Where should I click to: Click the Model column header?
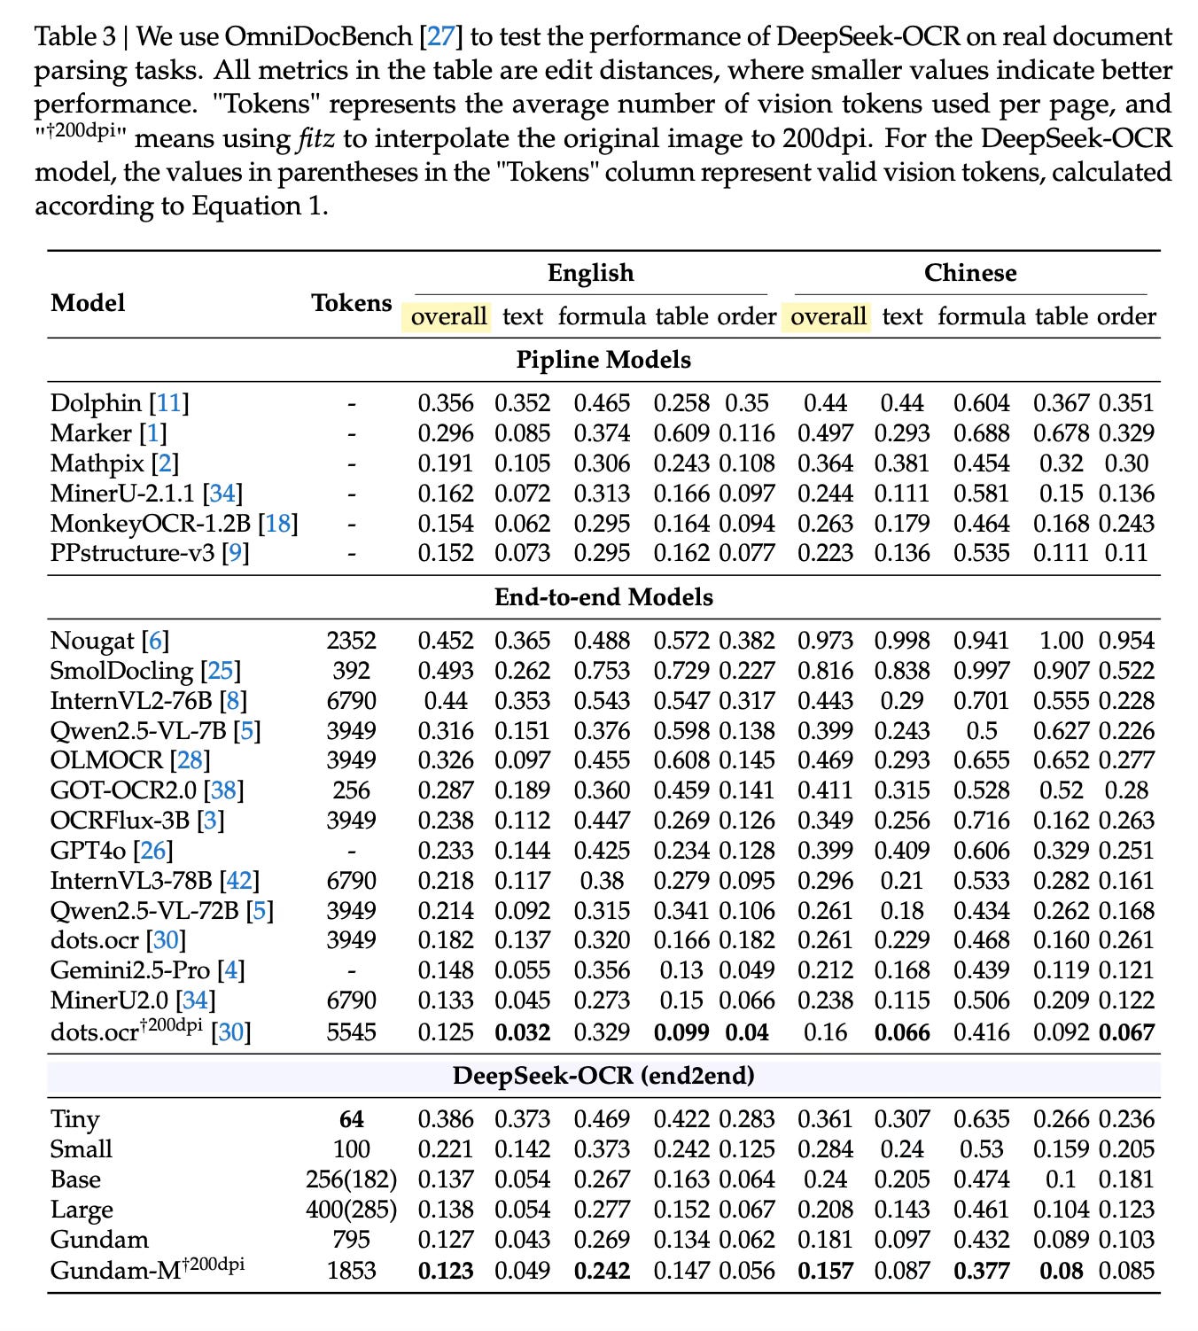pyautogui.click(x=88, y=303)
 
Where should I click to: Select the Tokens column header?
pyautogui.click(x=351, y=303)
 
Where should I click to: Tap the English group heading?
pyautogui.click(x=590, y=273)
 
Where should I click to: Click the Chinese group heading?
pyautogui.click(x=969, y=273)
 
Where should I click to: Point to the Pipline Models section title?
pyautogui.click(x=603, y=360)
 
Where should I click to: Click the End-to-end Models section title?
pyautogui.click(x=603, y=597)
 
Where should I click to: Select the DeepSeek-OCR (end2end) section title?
pyautogui.click(x=603, y=1076)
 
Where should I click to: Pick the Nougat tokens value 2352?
pyautogui.click(x=351, y=641)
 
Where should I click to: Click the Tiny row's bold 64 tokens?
pyautogui.click(x=351, y=1120)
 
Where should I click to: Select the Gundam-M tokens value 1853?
pyautogui.click(x=351, y=1271)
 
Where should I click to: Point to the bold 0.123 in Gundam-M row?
pyautogui.click(x=446, y=1271)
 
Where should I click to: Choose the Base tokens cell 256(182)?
pyautogui.click(x=351, y=1180)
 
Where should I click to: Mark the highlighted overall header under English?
pyautogui.click(x=449, y=316)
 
